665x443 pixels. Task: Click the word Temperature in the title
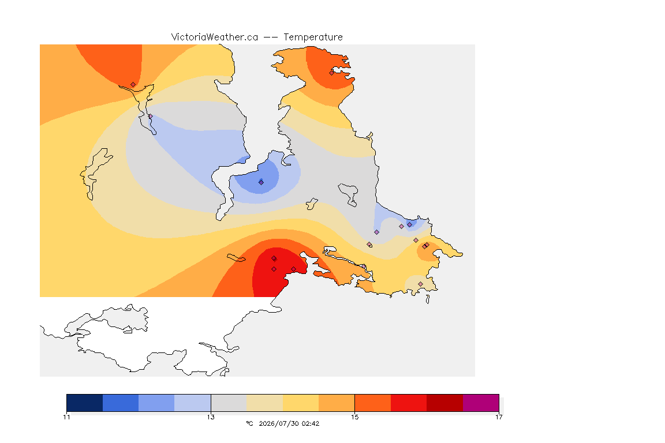313,37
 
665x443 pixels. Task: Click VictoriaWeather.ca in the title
215,37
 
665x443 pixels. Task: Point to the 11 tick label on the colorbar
66,417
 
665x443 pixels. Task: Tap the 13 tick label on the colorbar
211,417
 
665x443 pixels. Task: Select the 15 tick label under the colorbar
354,417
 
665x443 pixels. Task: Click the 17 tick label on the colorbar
499,417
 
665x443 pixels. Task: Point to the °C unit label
249,423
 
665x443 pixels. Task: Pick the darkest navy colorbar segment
85,403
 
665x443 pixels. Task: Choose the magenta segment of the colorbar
481,403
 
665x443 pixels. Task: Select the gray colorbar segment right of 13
229,403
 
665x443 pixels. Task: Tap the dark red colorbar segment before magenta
445,403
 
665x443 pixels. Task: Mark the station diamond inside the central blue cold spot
261,182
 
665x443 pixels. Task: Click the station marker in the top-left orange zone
133,85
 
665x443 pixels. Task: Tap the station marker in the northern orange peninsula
332,73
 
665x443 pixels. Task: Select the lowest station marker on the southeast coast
420,284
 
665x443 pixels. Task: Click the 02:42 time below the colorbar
311,423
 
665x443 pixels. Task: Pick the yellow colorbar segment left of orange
301,403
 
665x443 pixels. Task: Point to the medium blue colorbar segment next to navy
121,403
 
